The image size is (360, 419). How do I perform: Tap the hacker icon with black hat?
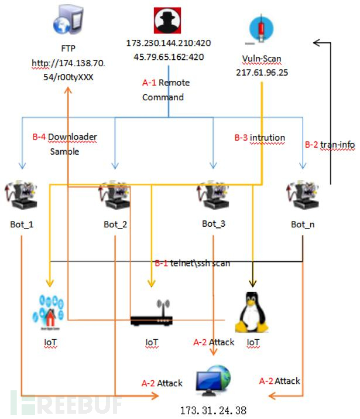coord(169,21)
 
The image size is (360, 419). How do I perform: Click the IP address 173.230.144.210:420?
coord(169,43)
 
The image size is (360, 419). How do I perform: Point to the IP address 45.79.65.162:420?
coord(169,57)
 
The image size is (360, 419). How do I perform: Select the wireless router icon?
coord(151,316)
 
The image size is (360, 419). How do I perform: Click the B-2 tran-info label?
coord(330,144)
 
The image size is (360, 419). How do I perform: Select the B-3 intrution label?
coord(259,138)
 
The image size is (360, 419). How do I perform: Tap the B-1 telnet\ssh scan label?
coord(192,263)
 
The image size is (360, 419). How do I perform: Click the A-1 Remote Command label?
coord(166,90)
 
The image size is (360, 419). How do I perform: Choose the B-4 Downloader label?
coord(64,137)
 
